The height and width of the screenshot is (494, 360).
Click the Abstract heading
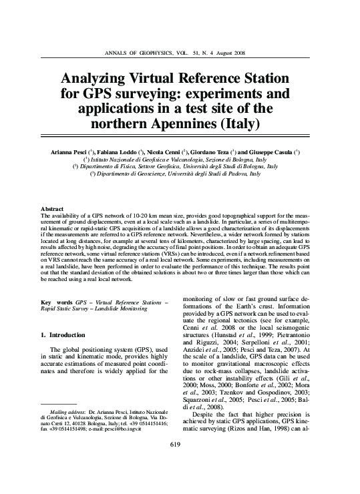tap(53, 209)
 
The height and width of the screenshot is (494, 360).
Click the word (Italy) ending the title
tap(237, 124)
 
